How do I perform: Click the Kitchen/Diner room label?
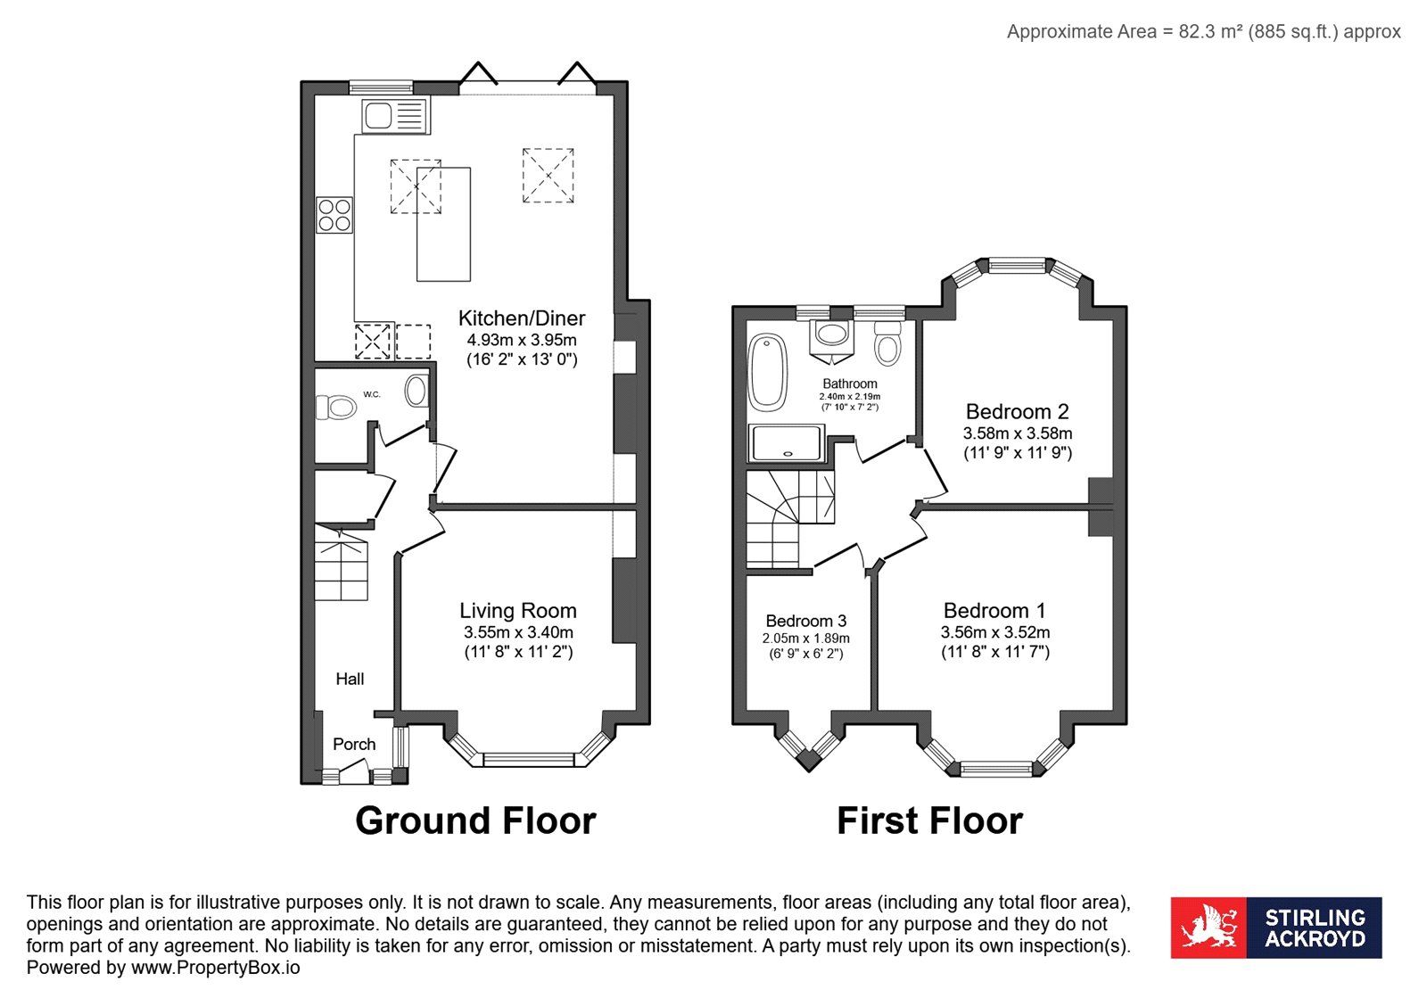coord(522,318)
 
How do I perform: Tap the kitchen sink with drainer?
coord(396,116)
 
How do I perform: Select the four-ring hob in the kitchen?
coord(334,215)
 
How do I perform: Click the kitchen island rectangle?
coord(443,224)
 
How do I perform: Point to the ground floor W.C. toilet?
coord(335,407)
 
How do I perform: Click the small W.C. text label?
coord(372,394)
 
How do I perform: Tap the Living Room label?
coord(518,610)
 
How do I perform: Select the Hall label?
coord(350,679)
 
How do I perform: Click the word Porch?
coord(354,744)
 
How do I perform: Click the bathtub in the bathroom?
coord(768,372)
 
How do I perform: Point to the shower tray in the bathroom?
coord(787,442)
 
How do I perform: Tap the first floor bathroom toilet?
coord(887,343)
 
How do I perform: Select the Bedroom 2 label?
coord(1018,411)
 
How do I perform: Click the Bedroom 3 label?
coord(806,621)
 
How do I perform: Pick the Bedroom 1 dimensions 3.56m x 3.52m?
coord(995,631)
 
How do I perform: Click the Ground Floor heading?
coord(476,821)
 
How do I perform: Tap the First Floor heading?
coord(929,821)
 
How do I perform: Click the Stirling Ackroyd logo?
coord(1276,928)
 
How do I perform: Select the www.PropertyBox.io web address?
coord(215,968)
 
